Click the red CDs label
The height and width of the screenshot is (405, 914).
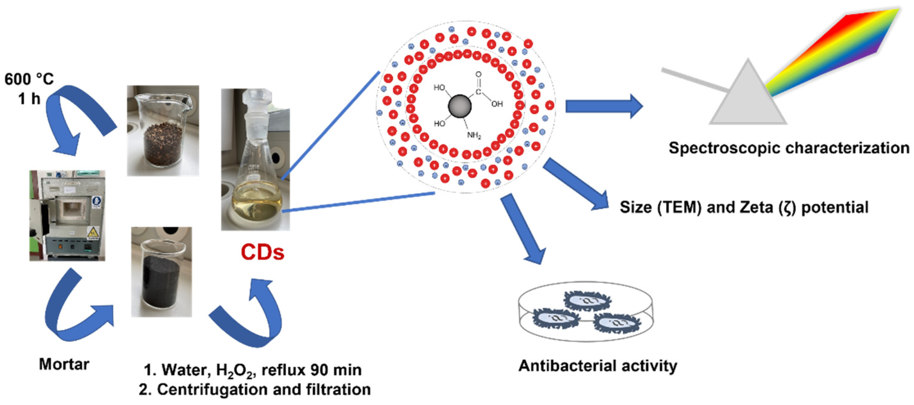point(262,253)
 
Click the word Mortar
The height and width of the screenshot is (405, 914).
point(64,364)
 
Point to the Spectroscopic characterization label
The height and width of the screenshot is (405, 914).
point(788,148)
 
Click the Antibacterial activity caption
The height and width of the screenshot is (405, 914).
point(598,366)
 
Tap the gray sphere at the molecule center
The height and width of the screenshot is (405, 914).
point(460,106)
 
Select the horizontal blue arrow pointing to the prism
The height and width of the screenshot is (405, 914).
point(603,106)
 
